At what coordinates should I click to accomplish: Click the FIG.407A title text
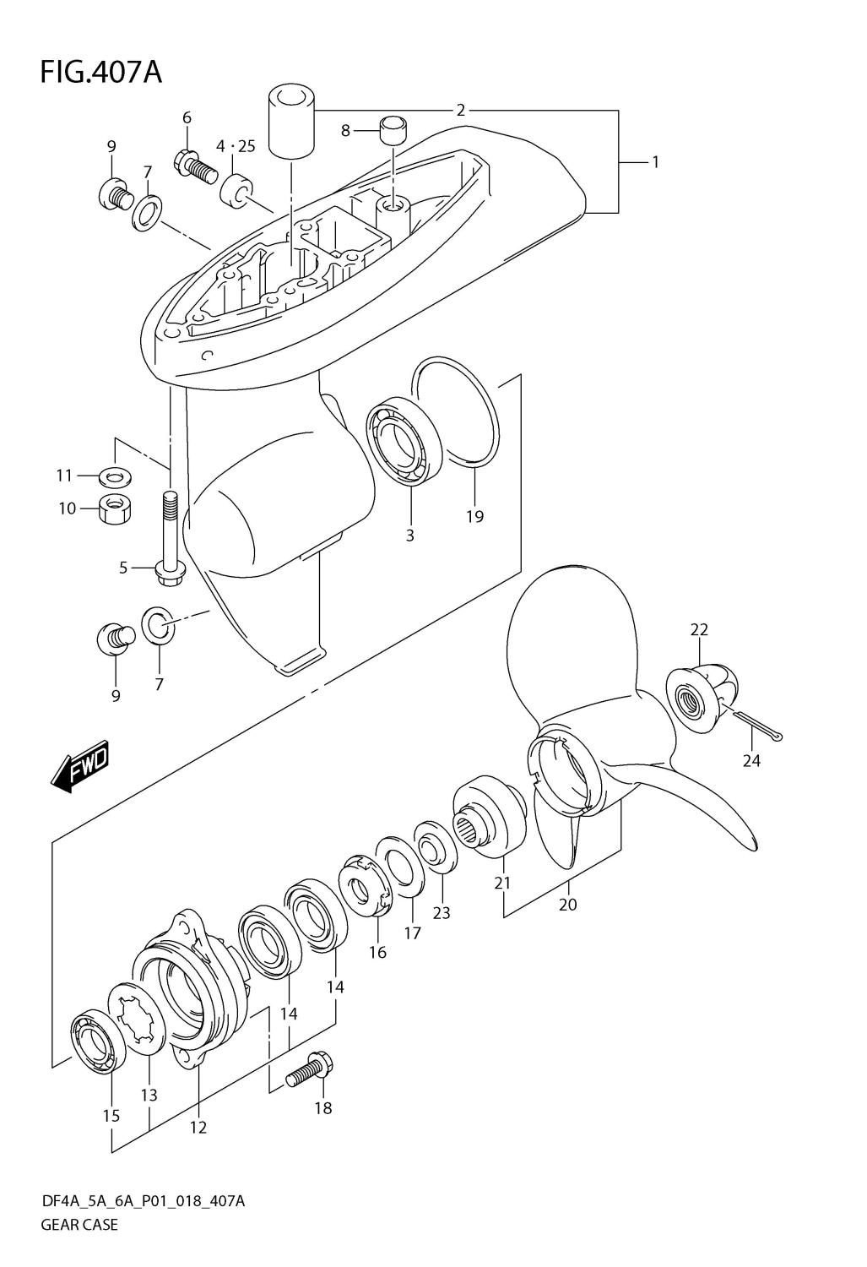101,73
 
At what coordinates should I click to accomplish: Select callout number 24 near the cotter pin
751,761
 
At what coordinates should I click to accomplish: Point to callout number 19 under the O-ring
474,516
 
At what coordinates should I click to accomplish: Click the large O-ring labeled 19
458,412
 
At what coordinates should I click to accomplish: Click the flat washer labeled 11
116,477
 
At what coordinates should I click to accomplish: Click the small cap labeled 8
394,131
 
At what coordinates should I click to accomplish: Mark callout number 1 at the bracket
656,162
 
